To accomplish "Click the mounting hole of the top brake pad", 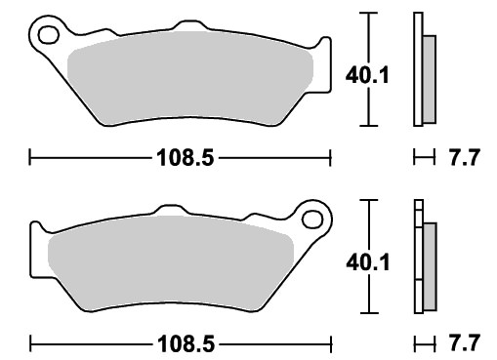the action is coord(49,35).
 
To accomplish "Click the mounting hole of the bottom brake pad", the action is coord(312,220).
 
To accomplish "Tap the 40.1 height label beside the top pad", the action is coord(367,75).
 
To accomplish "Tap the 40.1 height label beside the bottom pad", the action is coord(368,262).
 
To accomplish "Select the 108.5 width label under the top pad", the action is coord(186,158).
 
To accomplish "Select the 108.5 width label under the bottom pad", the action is coord(186,344).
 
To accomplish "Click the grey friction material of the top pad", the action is coord(190,78).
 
